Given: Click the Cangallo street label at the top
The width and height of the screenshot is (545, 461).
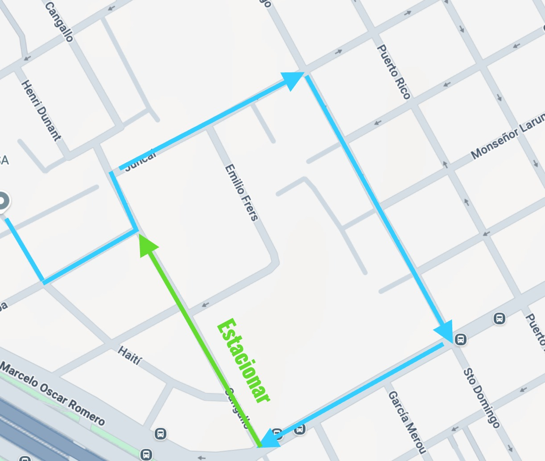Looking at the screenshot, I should (x=59, y=22).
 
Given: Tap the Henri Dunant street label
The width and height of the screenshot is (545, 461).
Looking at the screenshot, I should (x=41, y=110).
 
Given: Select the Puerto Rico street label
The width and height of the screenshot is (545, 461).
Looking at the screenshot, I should (x=394, y=72).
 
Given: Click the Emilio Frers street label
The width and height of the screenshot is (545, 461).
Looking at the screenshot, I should (x=241, y=193).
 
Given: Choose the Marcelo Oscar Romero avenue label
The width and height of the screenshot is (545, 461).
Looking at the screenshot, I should (x=53, y=394).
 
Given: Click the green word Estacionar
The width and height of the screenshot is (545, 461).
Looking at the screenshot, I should (x=244, y=361).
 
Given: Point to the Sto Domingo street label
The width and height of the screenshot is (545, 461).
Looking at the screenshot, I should (x=481, y=397).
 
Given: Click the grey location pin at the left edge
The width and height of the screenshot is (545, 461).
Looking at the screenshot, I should (x=3, y=201).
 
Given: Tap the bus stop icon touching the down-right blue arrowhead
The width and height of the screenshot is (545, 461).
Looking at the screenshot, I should (x=460, y=339).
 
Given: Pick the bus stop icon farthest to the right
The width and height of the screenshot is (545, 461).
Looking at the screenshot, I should (x=499, y=319).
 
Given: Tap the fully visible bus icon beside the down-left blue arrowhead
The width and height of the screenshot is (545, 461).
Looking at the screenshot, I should (x=300, y=429).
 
